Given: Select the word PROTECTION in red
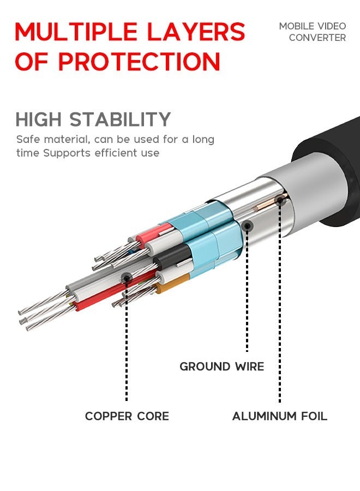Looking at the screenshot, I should [139, 62].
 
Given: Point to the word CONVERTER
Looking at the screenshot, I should [317, 38].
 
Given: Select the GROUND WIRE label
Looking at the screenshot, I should [222, 367].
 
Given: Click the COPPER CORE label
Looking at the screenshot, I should [127, 416].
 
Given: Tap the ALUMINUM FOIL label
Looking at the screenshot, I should [280, 416].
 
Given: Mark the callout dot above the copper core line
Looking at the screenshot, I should [127, 278].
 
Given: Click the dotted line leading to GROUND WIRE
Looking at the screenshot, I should [247, 289].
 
